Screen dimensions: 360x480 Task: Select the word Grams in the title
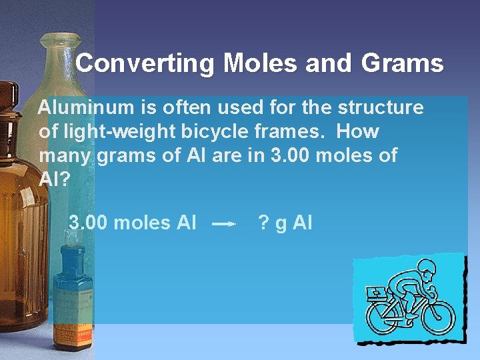tap(403, 64)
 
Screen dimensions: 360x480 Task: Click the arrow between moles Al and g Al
tap(224, 225)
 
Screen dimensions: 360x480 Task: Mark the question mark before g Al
tap(263, 223)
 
